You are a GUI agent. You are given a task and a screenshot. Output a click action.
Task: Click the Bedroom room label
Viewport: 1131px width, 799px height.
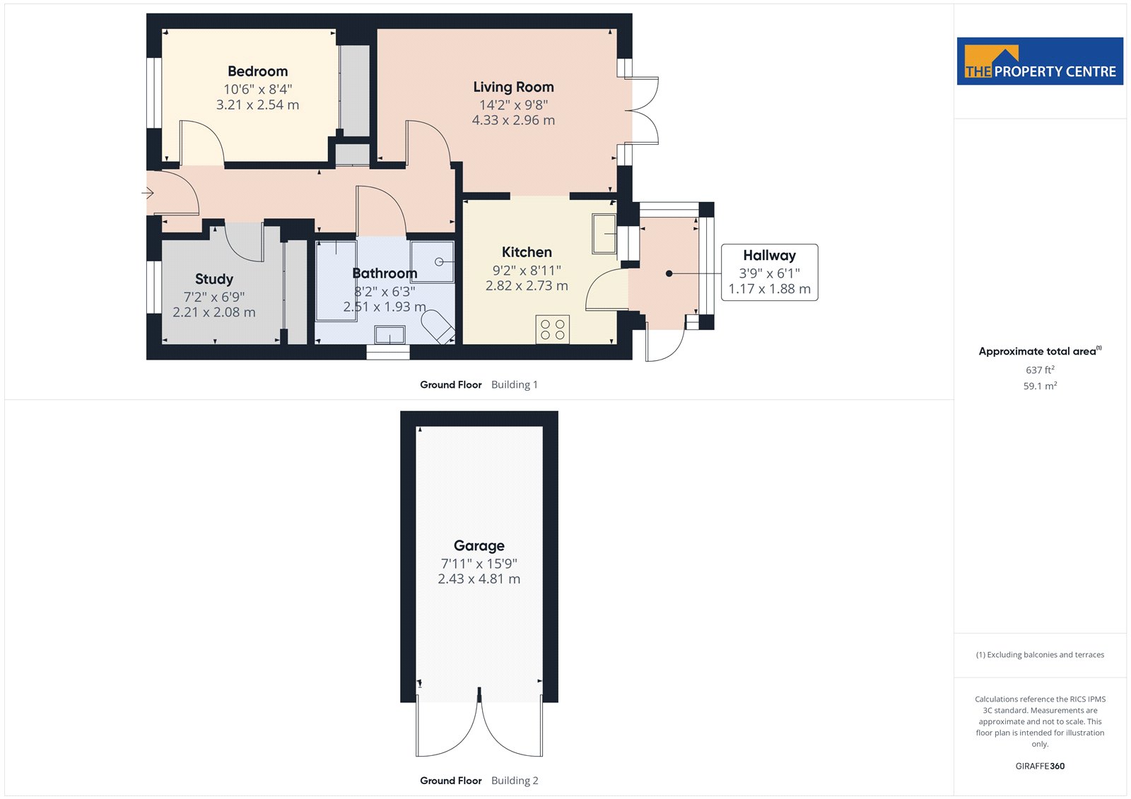pos(257,71)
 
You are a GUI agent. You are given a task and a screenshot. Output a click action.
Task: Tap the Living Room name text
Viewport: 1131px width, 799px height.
pos(513,88)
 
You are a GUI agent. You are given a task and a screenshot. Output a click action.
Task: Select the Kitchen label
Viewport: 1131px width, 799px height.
pos(527,252)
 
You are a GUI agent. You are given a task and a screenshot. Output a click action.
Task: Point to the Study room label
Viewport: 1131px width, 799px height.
pos(214,279)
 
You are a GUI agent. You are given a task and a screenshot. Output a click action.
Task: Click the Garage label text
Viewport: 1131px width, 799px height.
pos(479,545)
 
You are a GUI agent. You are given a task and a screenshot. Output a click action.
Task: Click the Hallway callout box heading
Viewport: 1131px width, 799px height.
pos(769,256)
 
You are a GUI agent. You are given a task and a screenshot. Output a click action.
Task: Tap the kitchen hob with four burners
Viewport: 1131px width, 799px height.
pos(552,330)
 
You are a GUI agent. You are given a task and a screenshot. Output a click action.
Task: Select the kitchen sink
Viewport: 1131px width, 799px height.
pos(604,234)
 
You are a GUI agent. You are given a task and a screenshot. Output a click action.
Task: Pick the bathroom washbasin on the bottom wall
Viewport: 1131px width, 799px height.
pos(389,335)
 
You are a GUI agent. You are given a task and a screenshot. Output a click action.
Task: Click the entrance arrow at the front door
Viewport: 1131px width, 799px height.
pos(148,193)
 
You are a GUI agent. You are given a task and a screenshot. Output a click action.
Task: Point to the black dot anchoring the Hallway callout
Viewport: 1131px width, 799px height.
pos(669,273)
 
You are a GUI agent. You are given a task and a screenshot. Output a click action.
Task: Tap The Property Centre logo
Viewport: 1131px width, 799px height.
pos(1040,61)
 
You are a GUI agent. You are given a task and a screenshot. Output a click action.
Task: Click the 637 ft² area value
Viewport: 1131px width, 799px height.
pos(1040,370)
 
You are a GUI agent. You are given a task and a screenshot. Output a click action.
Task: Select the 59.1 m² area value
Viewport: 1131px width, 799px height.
pos(1040,386)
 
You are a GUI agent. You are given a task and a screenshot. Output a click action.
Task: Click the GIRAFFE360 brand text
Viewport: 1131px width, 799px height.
pos(1040,766)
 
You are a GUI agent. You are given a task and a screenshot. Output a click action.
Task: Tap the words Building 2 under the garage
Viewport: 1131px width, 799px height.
pos(515,781)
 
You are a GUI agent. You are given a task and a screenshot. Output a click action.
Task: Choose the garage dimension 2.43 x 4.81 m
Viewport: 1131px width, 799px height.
pos(479,579)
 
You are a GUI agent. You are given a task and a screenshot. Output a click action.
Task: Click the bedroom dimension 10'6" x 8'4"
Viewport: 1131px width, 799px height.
pos(257,89)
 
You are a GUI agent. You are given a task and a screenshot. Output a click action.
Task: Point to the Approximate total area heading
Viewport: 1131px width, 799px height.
pos(1040,351)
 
